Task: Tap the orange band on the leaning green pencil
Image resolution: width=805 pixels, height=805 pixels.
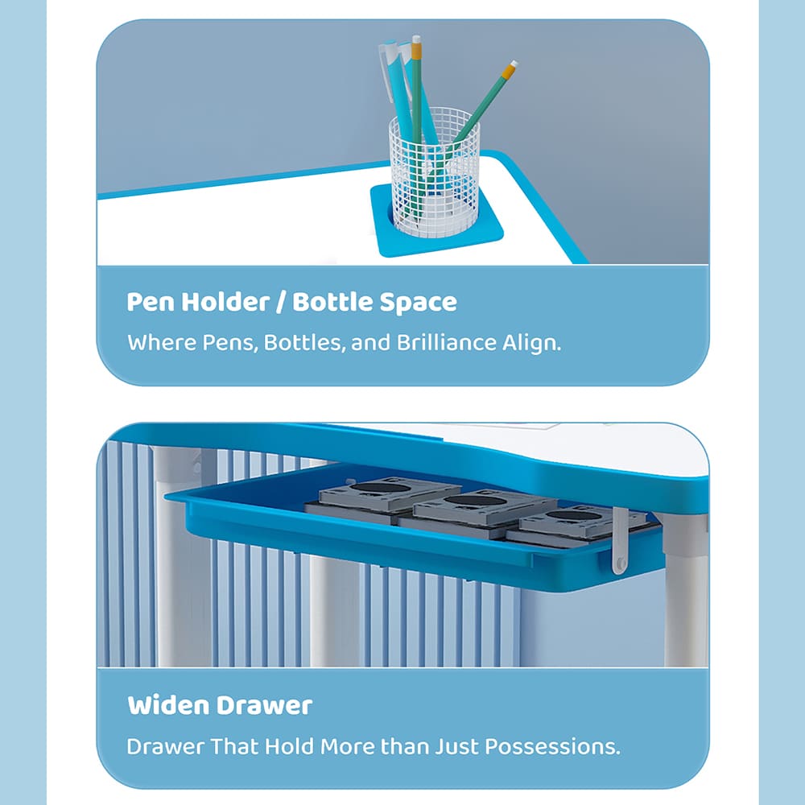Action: click(508, 72)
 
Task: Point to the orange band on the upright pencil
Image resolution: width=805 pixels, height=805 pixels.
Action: click(417, 50)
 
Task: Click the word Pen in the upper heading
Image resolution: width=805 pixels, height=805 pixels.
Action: click(152, 303)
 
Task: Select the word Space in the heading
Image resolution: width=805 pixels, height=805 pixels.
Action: click(419, 303)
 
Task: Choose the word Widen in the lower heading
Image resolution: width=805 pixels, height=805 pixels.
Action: click(168, 706)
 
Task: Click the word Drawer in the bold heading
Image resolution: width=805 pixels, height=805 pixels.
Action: click(265, 706)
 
